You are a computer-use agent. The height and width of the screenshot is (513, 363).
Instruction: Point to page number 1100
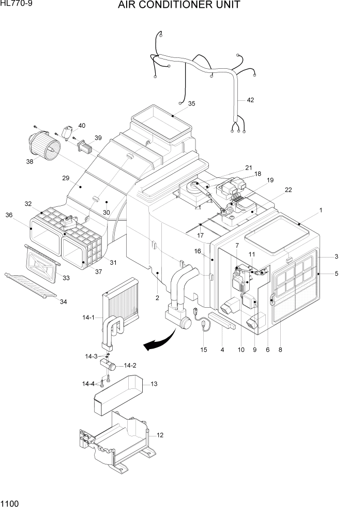(x=10, y=503)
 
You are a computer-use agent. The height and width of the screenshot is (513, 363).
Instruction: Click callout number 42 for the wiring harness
(x=250, y=100)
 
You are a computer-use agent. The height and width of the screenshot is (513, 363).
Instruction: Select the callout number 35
(x=191, y=103)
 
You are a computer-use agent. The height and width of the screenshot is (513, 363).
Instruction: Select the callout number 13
(x=153, y=384)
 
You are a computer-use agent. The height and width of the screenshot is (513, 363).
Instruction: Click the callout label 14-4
(x=88, y=383)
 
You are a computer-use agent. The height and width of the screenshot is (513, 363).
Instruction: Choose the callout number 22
(x=288, y=190)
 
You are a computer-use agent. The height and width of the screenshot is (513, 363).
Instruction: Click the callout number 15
(x=204, y=350)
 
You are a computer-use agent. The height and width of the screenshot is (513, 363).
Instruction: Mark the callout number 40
(x=82, y=125)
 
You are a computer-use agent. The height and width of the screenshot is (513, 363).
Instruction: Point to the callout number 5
(x=336, y=274)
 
